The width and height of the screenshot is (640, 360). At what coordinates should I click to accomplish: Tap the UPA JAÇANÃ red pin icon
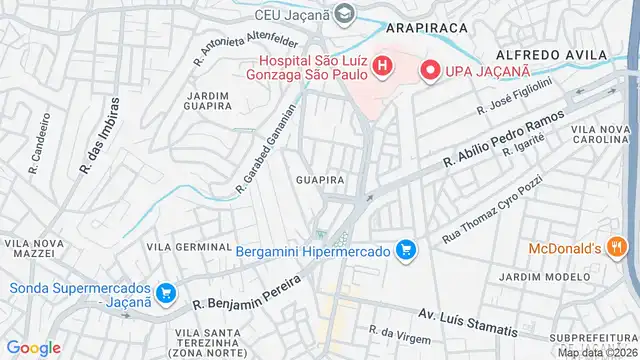pos(430,71)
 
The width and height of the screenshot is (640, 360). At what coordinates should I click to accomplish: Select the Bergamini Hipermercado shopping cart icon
pos(405,250)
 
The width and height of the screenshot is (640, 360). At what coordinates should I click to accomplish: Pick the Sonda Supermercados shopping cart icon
pos(166,295)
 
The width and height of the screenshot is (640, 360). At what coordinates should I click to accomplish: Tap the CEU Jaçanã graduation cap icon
pos(345,14)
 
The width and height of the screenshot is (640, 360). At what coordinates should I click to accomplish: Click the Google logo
pos(34,347)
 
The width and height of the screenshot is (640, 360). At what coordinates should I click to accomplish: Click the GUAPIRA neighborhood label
pos(321,180)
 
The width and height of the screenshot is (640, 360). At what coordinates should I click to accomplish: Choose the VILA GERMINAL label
pos(189,246)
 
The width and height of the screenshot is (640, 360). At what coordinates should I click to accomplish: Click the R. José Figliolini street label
pos(516,98)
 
